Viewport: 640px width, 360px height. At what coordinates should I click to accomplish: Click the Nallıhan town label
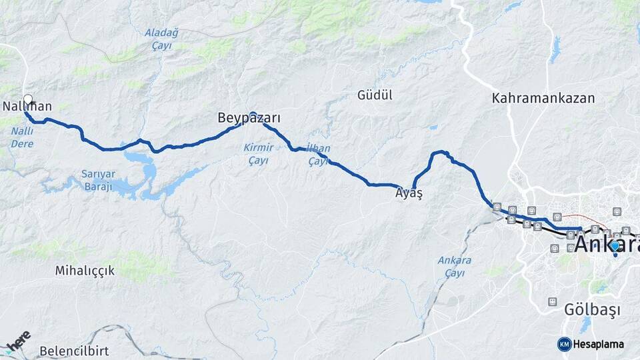[27, 107]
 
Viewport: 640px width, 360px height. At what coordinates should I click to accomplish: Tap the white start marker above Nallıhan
[28, 99]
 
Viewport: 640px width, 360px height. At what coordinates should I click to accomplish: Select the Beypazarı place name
[249, 119]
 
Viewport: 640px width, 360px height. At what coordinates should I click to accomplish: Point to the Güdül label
[375, 95]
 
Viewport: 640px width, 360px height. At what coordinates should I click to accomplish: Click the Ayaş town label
[409, 193]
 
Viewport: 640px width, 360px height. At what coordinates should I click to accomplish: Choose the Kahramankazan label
[543, 98]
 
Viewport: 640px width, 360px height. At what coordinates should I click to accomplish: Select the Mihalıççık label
[85, 271]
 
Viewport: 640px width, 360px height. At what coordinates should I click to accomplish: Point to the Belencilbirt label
[74, 351]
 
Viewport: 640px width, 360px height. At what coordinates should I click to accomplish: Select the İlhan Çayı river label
[319, 155]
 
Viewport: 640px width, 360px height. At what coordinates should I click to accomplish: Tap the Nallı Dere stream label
[22, 137]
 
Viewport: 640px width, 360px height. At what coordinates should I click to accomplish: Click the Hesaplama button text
[598, 345]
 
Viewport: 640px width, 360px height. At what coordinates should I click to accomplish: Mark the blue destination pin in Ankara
[614, 246]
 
